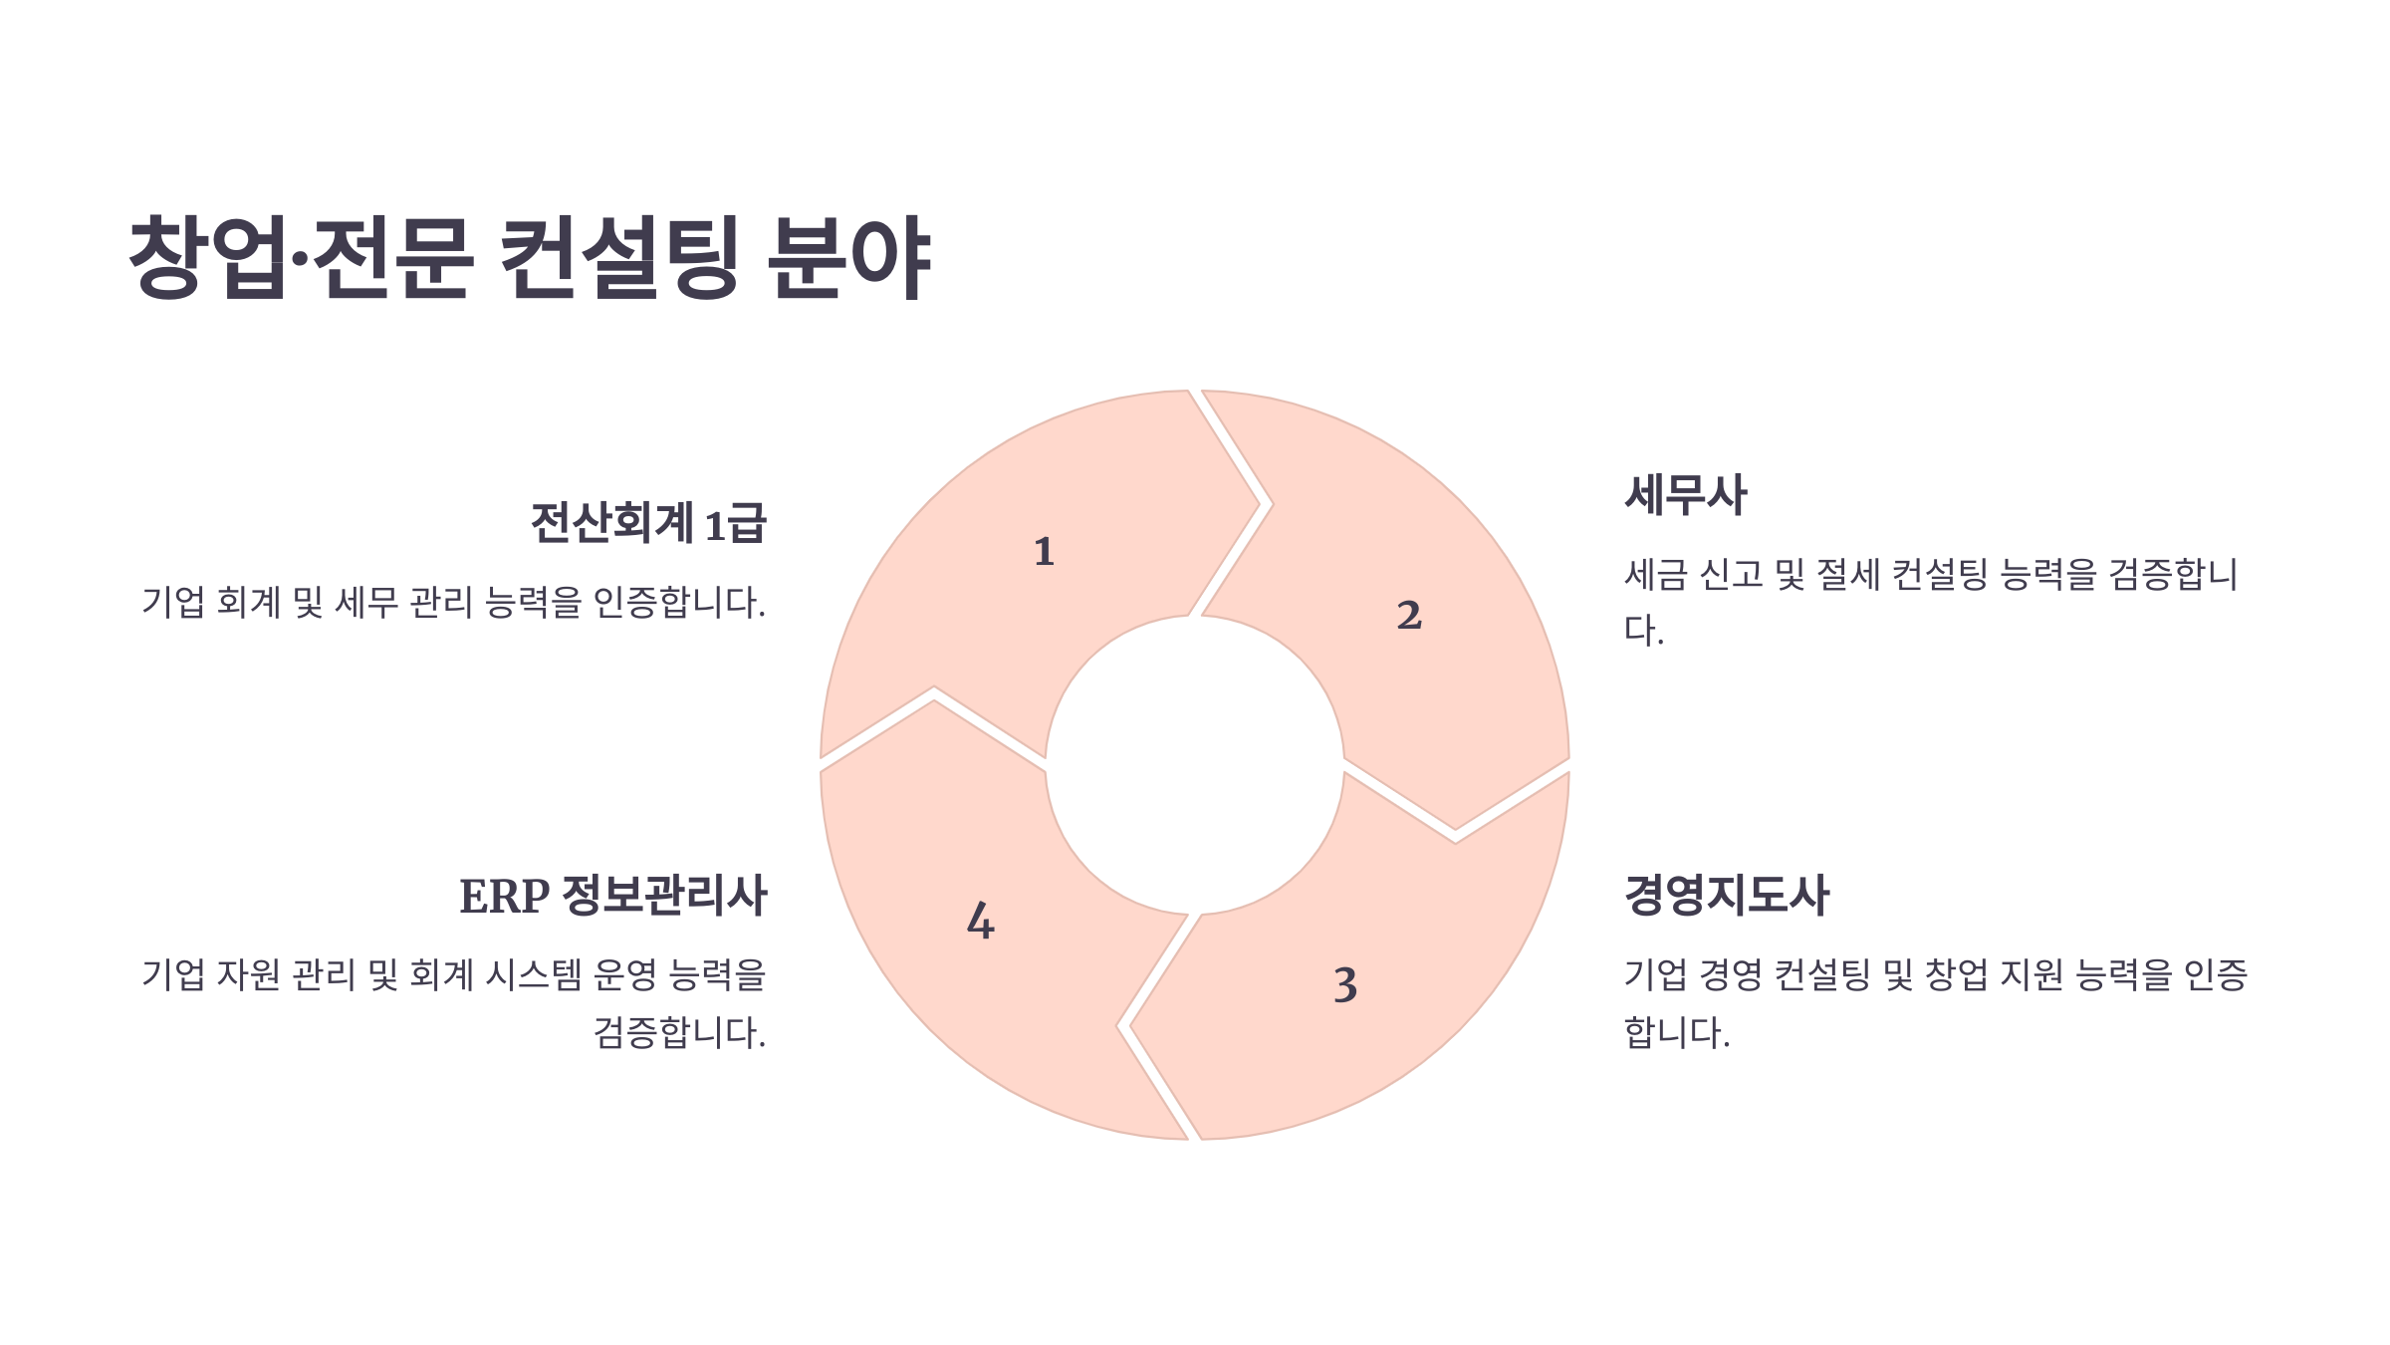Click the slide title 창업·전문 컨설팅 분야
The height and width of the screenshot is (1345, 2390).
530,257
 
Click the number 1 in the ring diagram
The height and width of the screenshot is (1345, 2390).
1044,552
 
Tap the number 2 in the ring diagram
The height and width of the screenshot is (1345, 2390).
1409,616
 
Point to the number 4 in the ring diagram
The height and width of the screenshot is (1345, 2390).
981,922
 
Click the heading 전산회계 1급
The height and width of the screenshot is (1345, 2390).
648,523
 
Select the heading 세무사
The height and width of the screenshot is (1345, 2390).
1686,495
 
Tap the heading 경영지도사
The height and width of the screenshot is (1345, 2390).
1727,895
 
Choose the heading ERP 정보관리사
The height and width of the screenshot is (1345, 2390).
612,896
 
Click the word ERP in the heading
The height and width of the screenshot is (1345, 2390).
504,897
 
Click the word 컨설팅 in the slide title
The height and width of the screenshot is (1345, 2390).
617,257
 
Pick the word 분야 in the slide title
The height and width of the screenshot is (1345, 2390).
849,257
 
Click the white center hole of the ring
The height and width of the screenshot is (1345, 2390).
1195,765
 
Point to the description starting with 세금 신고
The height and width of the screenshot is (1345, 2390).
1930,602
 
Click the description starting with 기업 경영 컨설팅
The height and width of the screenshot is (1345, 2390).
1935,1003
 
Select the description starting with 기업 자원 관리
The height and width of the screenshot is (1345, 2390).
454,1003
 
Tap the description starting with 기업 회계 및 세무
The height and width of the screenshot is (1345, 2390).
454,603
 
